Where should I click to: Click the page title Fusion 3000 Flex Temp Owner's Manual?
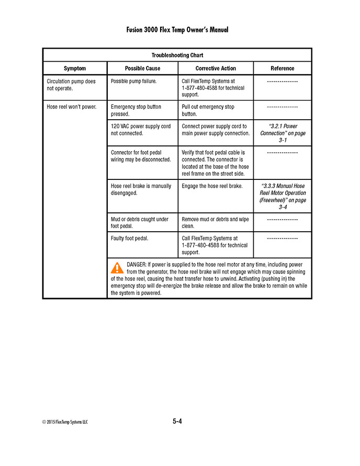(x=177, y=30)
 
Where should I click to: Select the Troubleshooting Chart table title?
(x=177, y=55)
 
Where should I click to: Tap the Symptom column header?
(x=75, y=69)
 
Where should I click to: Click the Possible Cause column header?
(x=142, y=69)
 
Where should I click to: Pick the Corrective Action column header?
(x=216, y=69)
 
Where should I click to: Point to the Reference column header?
(x=282, y=69)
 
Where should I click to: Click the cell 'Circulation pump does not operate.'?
(x=71, y=85)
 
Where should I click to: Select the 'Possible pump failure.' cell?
(x=133, y=82)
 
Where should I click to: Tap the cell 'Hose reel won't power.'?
(x=71, y=107)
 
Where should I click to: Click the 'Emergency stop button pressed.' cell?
(x=136, y=110)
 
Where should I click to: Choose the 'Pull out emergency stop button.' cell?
(x=208, y=110)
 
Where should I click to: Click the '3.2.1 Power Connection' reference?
(x=282, y=133)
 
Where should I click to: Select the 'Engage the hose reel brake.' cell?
(x=212, y=186)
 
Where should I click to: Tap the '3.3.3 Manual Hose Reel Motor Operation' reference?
(x=283, y=196)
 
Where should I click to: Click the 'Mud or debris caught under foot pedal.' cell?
(x=140, y=223)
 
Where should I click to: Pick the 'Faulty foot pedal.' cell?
(x=130, y=238)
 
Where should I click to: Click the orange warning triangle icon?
(x=117, y=268)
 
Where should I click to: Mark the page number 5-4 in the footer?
(x=177, y=421)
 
